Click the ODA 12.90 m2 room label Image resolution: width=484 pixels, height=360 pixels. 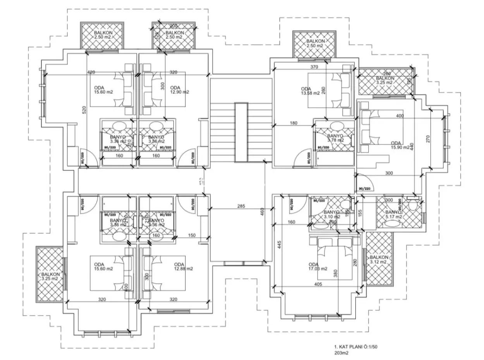(x=179, y=89)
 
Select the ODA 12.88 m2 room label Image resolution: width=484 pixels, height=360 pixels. (x=183, y=266)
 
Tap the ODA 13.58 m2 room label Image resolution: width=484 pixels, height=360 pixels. (x=310, y=91)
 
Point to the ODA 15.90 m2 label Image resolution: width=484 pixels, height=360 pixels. (x=400, y=145)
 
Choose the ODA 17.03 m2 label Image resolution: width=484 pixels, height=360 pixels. (x=318, y=266)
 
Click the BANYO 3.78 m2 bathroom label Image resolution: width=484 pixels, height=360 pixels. (x=335, y=138)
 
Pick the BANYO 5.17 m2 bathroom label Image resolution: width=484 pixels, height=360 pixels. (x=393, y=214)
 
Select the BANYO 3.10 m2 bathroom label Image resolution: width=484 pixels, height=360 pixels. (x=331, y=214)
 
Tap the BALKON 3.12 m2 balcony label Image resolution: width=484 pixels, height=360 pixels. (x=379, y=259)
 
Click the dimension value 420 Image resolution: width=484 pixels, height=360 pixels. (x=91, y=72)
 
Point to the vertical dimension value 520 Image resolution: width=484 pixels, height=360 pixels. (x=84, y=110)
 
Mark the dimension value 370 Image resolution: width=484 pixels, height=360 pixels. (x=314, y=67)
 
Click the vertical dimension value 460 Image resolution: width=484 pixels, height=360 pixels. (x=262, y=211)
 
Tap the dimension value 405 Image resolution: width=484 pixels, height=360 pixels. (x=318, y=284)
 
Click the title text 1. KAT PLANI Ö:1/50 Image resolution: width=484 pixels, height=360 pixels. (x=355, y=347)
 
